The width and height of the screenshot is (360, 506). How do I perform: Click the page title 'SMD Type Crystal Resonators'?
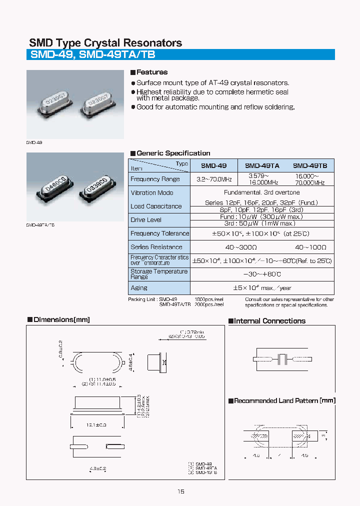pyautogui.click(x=105, y=43)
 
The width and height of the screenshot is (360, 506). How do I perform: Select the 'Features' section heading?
pyautogui.click(x=152, y=72)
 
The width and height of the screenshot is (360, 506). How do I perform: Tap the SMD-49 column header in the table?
pyautogui.click(x=213, y=165)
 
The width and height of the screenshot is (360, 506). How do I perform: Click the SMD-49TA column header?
pyautogui.click(x=262, y=165)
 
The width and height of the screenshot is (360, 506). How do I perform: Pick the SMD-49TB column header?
pyautogui.click(x=310, y=165)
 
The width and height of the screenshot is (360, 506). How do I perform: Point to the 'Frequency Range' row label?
pyautogui.click(x=155, y=179)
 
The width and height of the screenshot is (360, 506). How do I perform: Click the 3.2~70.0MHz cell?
pyautogui.click(x=213, y=179)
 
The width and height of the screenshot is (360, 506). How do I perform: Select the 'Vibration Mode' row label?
pyautogui.click(x=152, y=192)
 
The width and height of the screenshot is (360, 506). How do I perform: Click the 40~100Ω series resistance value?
pyautogui.click(x=310, y=247)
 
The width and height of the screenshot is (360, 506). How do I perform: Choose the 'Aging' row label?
pyautogui.click(x=139, y=287)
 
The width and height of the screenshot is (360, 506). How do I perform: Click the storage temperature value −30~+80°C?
pyautogui.click(x=262, y=274)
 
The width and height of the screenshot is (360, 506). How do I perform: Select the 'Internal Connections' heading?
pyautogui.click(x=269, y=321)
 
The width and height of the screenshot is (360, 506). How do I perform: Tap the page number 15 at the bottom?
pyautogui.click(x=180, y=491)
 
